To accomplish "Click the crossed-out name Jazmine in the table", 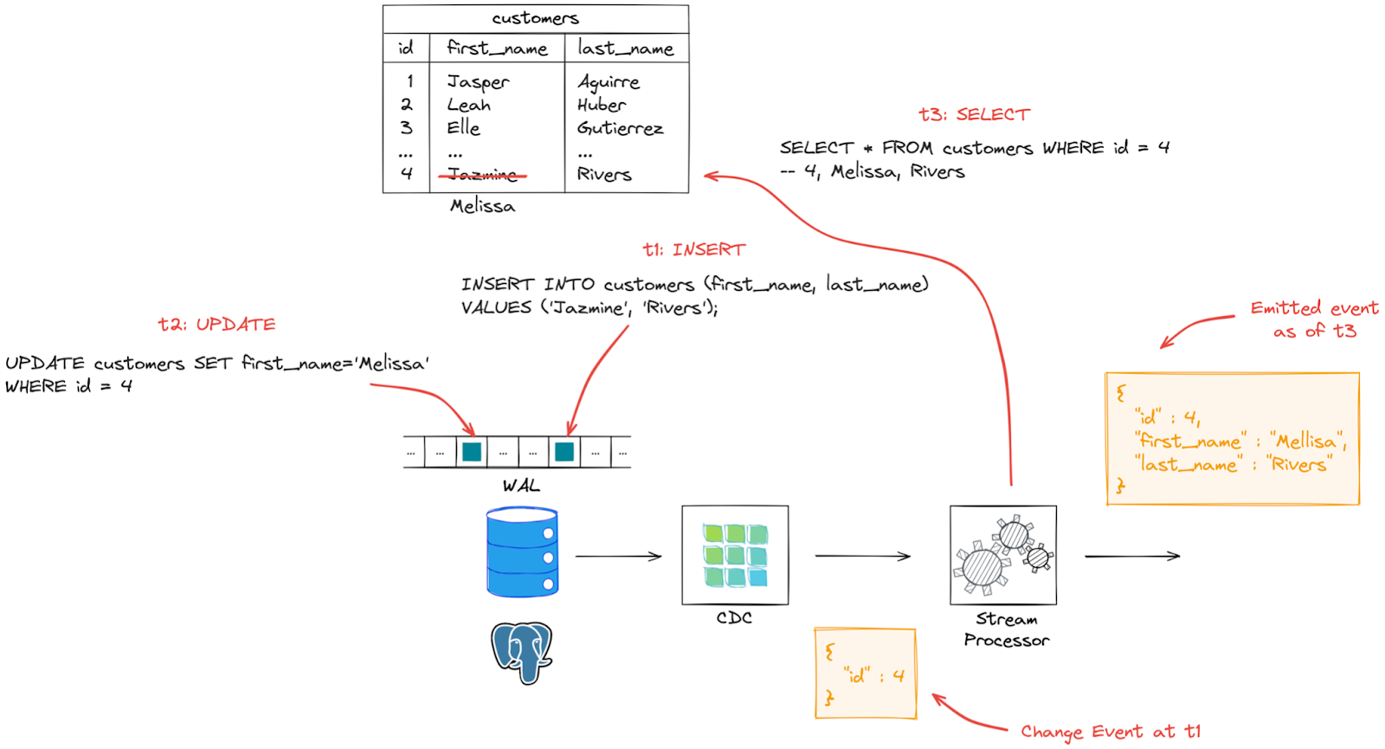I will pos(482,175).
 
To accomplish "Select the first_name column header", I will pos(497,48).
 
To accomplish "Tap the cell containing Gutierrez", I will pos(620,128).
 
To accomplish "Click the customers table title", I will pos(535,18).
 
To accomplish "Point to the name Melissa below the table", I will pos(482,206).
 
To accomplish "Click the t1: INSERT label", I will pos(693,249).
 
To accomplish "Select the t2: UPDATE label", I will pos(216,325).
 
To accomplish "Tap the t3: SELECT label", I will pos(974,114).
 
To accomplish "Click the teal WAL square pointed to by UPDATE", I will pos(472,452).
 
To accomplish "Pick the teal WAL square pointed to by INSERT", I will pos(564,452).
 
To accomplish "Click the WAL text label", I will pos(521,486).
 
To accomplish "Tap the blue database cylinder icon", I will pos(522,552).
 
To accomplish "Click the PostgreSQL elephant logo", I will pos(521,652).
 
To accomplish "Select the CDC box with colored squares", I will pos(735,555).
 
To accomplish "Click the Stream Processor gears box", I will pos(1002,555).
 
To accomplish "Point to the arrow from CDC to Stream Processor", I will pos(862,556).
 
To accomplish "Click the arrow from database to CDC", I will pos(618,556).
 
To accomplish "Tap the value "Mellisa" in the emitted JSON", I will pos(1307,441).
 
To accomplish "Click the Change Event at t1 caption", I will pos(1110,732).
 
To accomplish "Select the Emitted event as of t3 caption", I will pos(1313,320).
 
